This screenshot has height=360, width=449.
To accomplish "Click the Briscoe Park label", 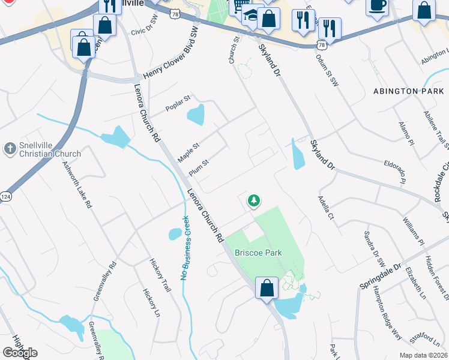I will point(258,253).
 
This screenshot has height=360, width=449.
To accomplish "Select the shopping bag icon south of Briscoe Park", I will point(267,288).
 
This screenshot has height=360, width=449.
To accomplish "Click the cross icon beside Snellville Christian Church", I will point(10,148).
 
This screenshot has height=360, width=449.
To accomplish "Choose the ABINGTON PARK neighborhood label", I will point(408,91).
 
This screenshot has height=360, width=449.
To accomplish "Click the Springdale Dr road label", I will point(379,275).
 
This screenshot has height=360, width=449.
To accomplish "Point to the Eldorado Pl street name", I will point(399,172).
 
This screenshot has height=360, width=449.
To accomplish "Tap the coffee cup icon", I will point(377,5).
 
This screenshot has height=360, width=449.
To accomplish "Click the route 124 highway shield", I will point(5,196).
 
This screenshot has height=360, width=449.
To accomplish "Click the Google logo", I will point(20,353).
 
